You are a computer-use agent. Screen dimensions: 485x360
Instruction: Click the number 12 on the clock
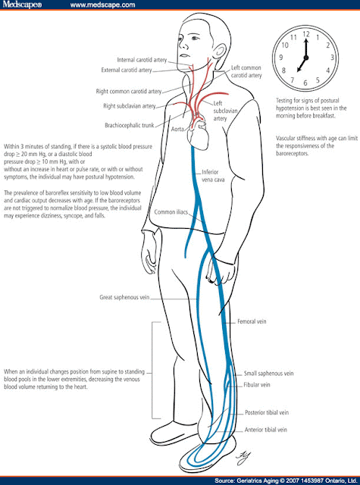point(306,34)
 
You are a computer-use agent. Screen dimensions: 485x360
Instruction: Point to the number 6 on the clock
point(305,82)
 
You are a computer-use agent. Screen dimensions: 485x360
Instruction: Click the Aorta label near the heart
point(179,130)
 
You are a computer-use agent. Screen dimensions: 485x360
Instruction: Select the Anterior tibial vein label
point(268,430)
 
